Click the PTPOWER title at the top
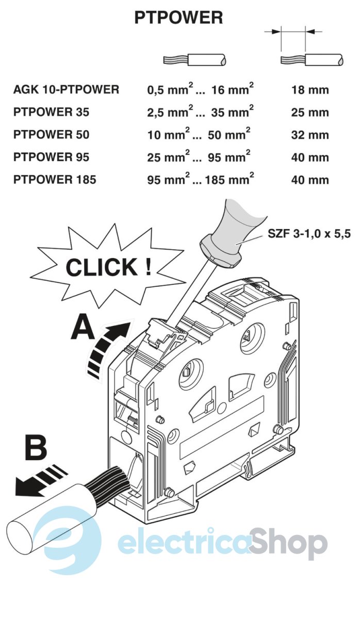coord(178,18)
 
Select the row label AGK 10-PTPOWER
coord(66,90)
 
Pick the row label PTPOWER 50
coord(51,135)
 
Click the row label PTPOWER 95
coord(51,157)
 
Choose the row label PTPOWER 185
coord(55,180)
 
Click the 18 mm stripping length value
coord(309,90)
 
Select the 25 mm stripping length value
coord(309,112)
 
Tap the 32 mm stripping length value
coord(309,135)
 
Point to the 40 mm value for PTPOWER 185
coord(309,180)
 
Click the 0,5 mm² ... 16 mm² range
coord(200,89)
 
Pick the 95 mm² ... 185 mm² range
coord(200,179)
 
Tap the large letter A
coord(82,328)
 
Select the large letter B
coord(36,448)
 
